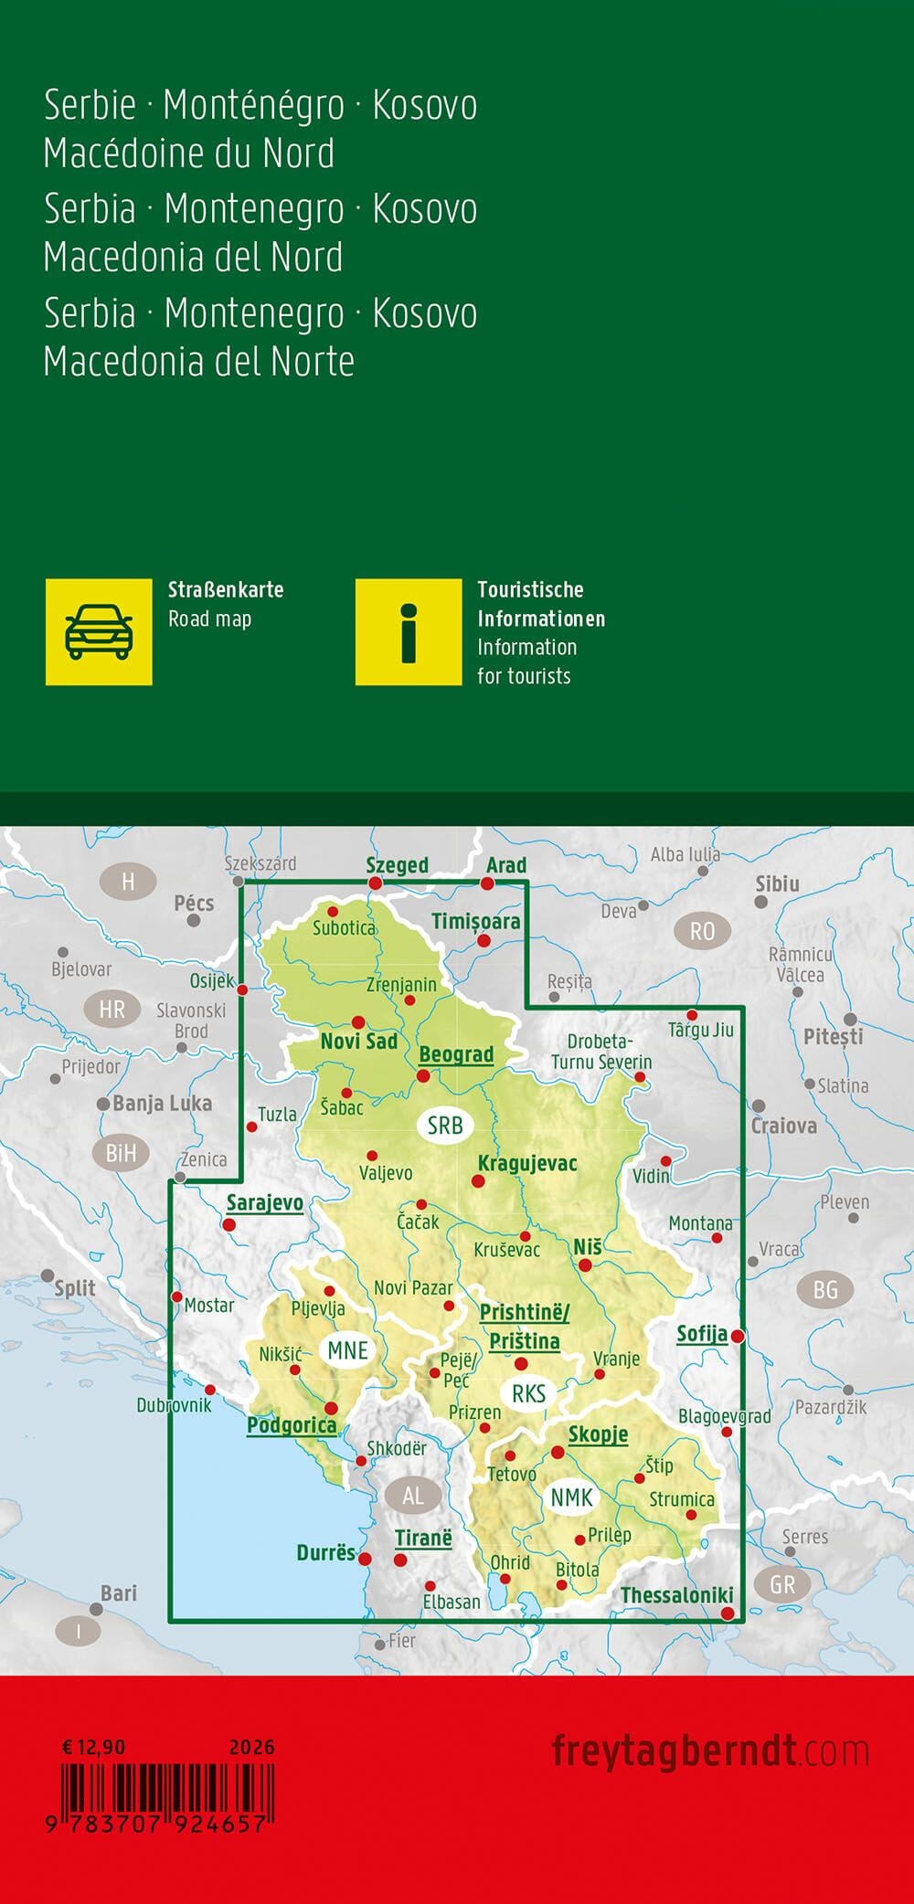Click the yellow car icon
(99, 631)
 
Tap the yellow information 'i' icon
(409, 631)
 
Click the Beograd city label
(456, 1054)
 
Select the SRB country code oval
(445, 1126)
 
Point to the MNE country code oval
(347, 1350)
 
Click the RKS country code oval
(528, 1393)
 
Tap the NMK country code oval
(572, 1497)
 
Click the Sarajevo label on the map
(264, 1202)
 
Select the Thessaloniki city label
(676, 1595)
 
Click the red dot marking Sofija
(737, 1336)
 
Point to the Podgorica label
(292, 1425)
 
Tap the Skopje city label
(598, 1434)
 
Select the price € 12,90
(93, 1747)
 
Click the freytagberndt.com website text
(709, 1751)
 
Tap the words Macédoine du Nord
(189, 153)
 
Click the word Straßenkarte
(226, 589)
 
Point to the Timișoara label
(475, 921)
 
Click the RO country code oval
(702, 931)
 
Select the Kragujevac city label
(527, 1163)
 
